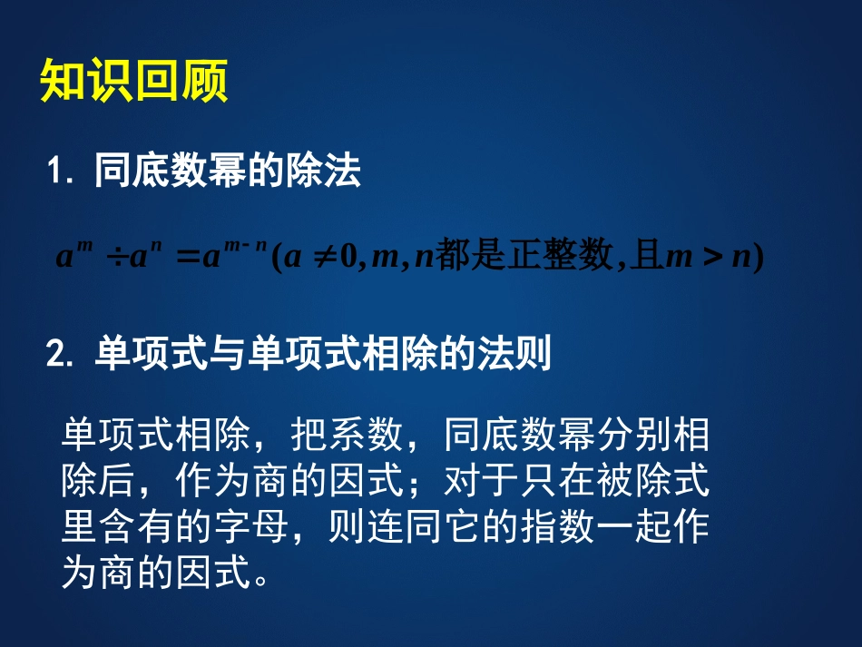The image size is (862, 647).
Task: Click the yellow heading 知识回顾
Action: pyautogui.click(x=133, y=83)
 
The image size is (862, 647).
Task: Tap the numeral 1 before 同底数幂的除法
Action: pyautogui.click(x=56, y=172)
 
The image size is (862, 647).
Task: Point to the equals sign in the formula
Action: pyautogui.click(x=186, y=259)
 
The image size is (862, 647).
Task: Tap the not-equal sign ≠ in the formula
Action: pyautogui.click(x=321, y=259)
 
